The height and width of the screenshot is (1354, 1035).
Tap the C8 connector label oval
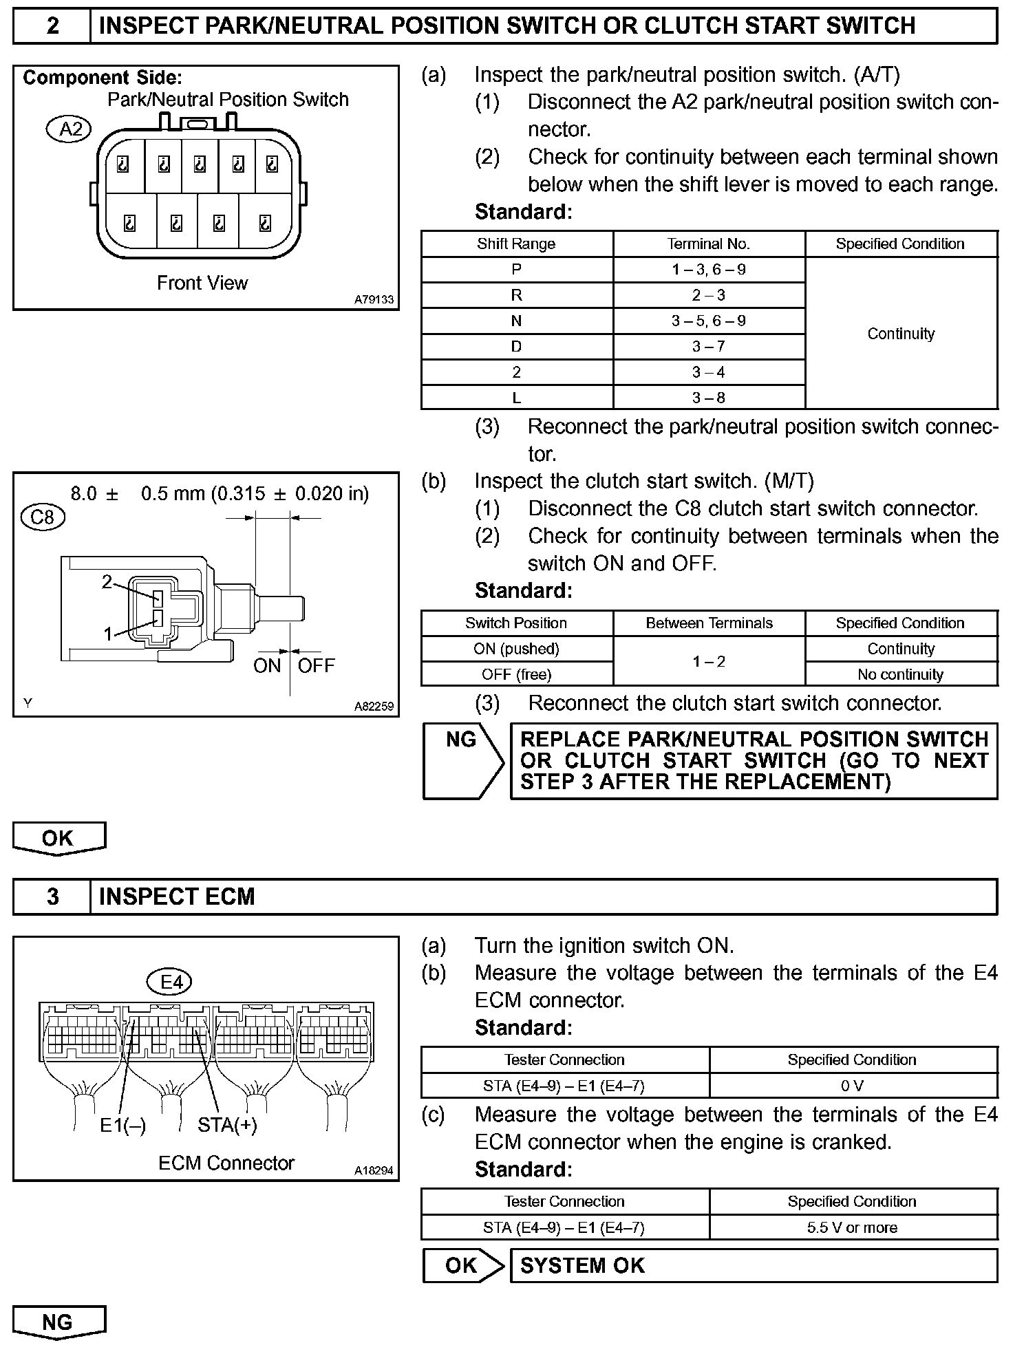[x=43, y=516]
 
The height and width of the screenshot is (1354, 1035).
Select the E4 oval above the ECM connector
[x=171, y=982]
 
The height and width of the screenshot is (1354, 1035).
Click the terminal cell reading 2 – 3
[x=709, y=295]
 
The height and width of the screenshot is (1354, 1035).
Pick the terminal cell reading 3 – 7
[x=709, y=347]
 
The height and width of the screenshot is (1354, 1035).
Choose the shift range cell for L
[x=516, y=398]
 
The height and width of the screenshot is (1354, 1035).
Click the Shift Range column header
[x=516, y=244]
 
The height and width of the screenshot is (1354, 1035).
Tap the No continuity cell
[x=900, y=674]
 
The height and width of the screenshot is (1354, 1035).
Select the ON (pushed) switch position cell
[x=516, y=649]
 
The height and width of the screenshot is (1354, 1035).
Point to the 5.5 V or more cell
[x=852, y=1227]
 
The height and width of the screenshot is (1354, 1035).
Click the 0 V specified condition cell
[x=852, y=1086]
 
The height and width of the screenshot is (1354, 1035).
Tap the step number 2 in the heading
[x=52, y=26]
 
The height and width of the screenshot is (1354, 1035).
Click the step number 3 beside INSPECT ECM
[x=52, y=897]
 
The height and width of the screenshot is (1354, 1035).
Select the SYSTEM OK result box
[x=753, y=1266]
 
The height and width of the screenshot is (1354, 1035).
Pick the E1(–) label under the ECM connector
[x=122, y=1125]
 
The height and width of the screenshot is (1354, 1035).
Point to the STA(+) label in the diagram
[x=227, y=1125]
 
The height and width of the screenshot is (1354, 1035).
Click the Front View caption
[x=202, y=283]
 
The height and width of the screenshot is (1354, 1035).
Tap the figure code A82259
[x=374, y=706]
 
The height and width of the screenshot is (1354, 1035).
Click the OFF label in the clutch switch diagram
[x=316, y=665]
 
